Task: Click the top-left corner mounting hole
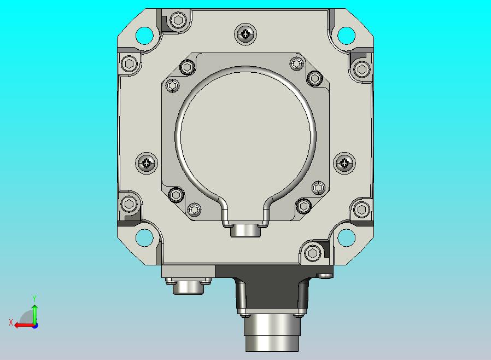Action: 144,36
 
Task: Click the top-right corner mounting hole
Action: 346,36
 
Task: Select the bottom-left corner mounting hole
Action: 144,237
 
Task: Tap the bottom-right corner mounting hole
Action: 346,237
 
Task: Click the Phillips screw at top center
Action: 245,34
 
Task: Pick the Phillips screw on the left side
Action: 147,163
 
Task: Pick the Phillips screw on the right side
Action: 344,163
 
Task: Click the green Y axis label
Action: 34,298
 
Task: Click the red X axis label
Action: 11,322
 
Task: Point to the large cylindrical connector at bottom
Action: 272,333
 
